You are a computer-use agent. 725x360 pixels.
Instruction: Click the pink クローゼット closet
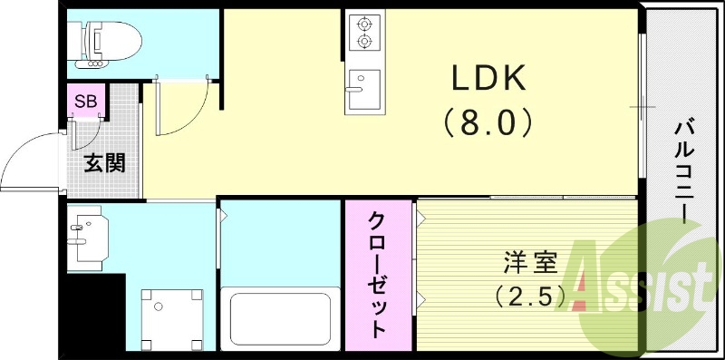pos(378,274)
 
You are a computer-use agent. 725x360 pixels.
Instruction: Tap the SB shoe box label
pos(87,100)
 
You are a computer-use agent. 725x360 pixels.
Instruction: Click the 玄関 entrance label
pos(104,163)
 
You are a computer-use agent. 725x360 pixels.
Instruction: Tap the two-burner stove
pos(363,33)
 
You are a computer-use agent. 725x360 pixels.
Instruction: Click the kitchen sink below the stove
pos(362,89)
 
